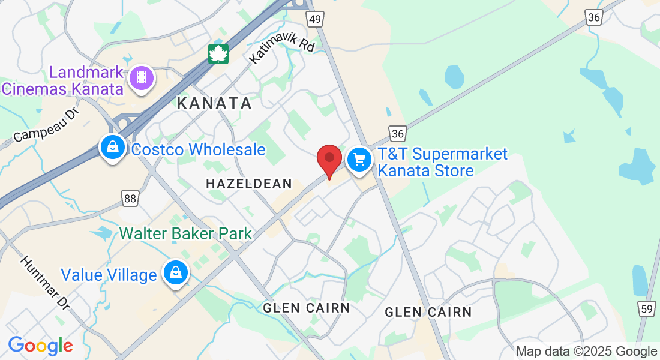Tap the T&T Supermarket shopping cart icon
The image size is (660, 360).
[x=359, y=160]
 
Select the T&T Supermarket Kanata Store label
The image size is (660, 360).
[x=442, y=163]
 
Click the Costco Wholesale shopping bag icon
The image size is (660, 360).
[x=112, y=146]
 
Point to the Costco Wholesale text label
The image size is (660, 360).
[x=198, y=149]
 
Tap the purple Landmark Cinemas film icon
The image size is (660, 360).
[x=142, y=77]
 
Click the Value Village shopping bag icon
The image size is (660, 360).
[x=175, y=272]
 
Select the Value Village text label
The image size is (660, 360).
[x=109, y=275]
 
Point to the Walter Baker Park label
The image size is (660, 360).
[x=185, y=233]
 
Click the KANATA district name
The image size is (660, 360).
[x=214, y=103]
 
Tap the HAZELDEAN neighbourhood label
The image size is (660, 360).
[x=248, y=184]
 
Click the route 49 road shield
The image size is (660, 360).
[x=316, y=19]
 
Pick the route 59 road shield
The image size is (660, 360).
[x=646, y=309]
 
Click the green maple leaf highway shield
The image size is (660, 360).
[x=218, y=53]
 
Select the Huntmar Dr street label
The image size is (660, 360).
[x=45, y=283]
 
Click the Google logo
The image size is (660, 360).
[x=40, y=346]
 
